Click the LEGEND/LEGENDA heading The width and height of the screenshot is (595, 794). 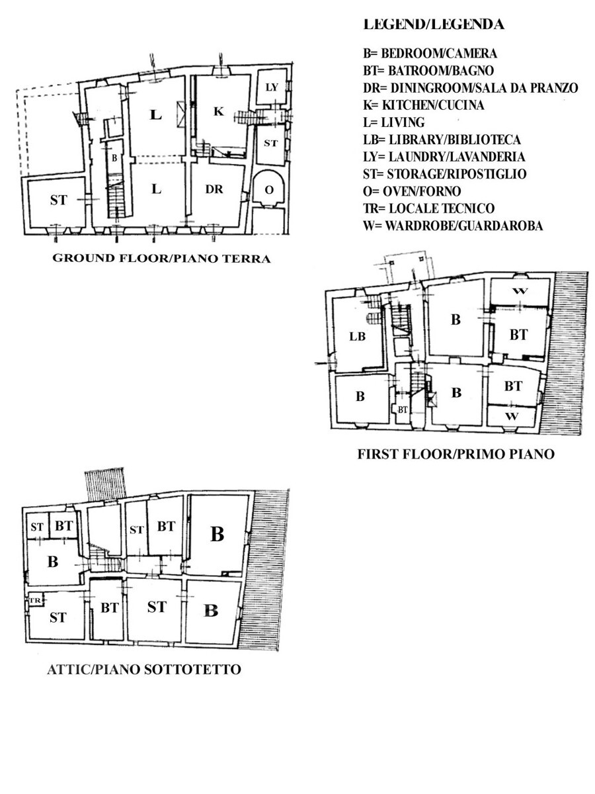coord(434,24)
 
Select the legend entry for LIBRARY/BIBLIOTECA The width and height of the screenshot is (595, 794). coord(442,140)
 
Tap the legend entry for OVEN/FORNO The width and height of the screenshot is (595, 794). coord(412,191)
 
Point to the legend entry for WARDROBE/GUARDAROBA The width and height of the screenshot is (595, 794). coord(453,226)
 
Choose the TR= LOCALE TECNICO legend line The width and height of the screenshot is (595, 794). coord(429,208)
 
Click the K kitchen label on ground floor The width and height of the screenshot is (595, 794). coord(219,112)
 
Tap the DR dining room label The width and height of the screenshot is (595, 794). coord(214,189)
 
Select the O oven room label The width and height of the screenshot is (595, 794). coord(269,190)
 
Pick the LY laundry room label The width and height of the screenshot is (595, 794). coord(272,87)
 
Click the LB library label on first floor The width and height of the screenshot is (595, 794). coord(357,337)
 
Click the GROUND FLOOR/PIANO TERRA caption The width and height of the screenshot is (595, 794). coord(161,258)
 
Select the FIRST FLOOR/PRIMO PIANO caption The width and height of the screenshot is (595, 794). coord(456,454)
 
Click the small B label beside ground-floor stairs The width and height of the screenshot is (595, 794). coord(114,158)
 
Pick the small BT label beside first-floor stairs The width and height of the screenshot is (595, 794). coord(403,410)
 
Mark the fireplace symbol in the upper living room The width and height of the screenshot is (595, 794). coord(180,114)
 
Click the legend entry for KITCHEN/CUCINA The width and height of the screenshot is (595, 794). coord(423,105)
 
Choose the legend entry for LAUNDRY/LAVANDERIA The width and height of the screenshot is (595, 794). coord(444,157)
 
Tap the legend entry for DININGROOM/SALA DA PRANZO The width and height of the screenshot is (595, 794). coord(470,88)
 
